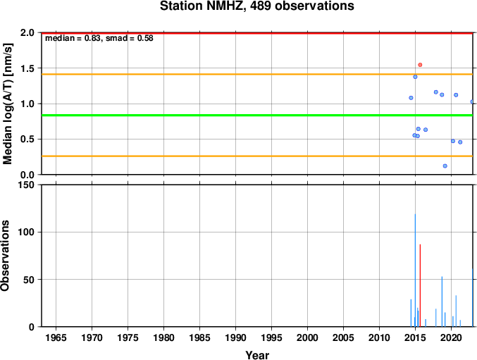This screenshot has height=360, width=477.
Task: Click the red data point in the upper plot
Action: tap(420, 65)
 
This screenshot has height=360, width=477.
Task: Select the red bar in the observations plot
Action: tap(420, 285)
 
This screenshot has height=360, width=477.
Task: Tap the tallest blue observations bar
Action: tap(415, 271)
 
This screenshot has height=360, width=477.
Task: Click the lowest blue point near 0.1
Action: tap(445, 166)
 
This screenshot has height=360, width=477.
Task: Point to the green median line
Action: tap(257, 116)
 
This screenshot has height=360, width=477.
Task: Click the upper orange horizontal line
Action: tap(257, 74)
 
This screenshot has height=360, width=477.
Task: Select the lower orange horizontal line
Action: tap(257, 156)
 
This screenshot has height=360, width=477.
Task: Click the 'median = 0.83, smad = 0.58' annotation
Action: tap(99, 38)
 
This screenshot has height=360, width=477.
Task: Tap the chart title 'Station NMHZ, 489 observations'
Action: tap(257, 6)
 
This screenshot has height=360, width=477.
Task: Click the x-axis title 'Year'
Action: tap(257, 355)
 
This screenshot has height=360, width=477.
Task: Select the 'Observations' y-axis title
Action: tap(5, 256)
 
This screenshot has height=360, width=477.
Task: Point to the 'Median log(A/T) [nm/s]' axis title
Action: tap(8, 104)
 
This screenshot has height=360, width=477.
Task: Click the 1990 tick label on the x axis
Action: tap(236, 337)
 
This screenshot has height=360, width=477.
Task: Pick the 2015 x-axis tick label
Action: tap(415, 337)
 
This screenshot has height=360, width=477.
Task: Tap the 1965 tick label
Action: tap(56, 337)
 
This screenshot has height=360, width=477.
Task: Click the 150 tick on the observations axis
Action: tap(28, 185)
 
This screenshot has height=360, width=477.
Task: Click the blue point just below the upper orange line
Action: tap(415, 77)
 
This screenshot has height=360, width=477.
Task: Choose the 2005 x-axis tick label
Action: tap(343, 337)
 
